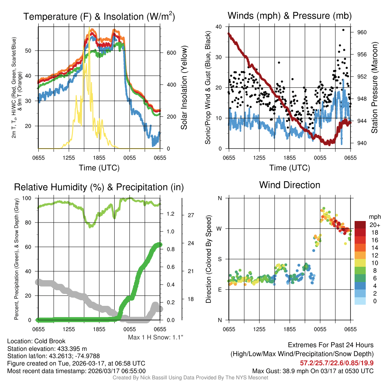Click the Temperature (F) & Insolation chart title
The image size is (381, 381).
click(99, 17)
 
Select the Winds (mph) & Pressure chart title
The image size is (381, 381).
click(289, 16)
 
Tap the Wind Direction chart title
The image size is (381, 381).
click(289, 185)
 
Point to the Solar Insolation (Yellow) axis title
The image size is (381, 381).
click(184, 88)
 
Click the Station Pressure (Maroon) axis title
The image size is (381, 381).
click(374, 88)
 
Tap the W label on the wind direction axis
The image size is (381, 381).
click(220, 228)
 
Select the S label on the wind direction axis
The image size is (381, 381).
click(220, 259)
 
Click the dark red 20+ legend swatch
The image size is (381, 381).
click(360, 225)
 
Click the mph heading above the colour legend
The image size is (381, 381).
click(374, 217)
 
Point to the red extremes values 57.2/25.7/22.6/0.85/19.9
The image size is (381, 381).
click(337, 363)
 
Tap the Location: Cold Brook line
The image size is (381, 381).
click(36, 341)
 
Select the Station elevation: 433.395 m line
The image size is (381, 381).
click(47, 349)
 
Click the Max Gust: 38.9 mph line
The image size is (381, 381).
click(313, 371)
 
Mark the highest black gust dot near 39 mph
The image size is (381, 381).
click(343, 30)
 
